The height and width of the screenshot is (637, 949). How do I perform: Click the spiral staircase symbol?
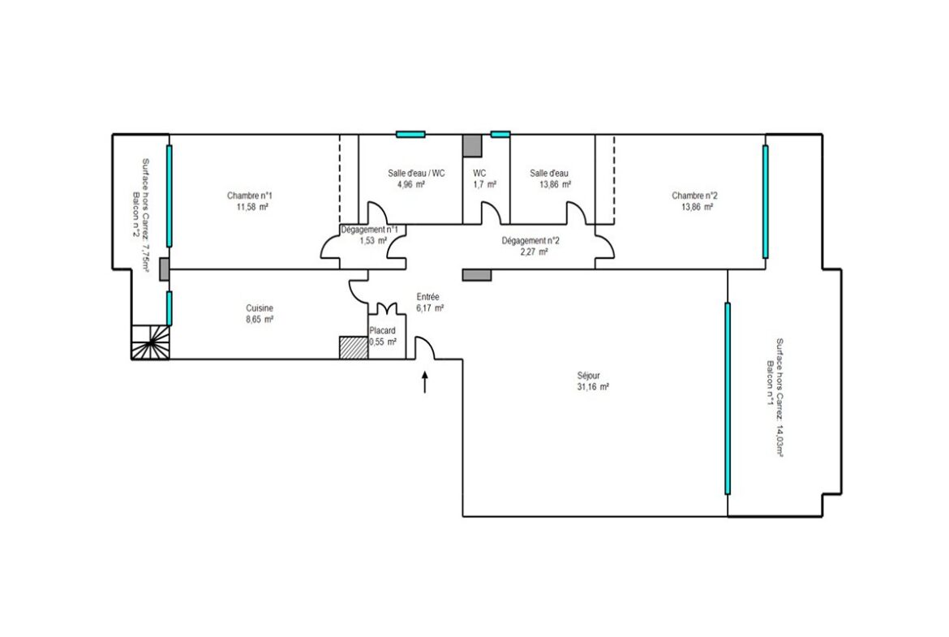point(151,342)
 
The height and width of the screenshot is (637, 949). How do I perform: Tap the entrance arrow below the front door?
point(425,382)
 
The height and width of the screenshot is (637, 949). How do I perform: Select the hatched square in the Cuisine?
point(354,348)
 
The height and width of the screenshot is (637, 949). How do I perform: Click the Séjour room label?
point(588,376)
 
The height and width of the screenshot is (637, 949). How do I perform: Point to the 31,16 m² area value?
point(593,387)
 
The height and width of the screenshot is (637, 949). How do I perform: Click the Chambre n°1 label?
point(249,196)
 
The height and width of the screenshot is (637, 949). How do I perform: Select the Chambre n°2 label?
point(695,196)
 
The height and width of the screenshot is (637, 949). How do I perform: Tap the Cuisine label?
point(260,308)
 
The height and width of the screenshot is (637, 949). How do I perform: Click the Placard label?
point(383,330)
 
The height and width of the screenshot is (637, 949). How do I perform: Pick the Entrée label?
point(428,297)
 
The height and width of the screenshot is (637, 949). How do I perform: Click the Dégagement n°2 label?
point(530,240)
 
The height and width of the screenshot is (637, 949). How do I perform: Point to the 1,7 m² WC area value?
point(485,184)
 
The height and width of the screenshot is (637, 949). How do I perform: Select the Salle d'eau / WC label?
point(416,173)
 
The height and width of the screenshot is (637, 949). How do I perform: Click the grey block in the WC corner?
point(472,146)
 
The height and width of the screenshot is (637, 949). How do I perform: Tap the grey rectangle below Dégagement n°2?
point(477,275)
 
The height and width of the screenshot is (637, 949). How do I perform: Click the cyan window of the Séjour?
point(728,398)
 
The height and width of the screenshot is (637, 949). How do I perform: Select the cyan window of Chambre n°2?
point(765,201)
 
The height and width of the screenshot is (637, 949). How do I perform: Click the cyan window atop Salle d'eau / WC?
point(410,135)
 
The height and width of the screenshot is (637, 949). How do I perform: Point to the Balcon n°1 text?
point(770,383)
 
